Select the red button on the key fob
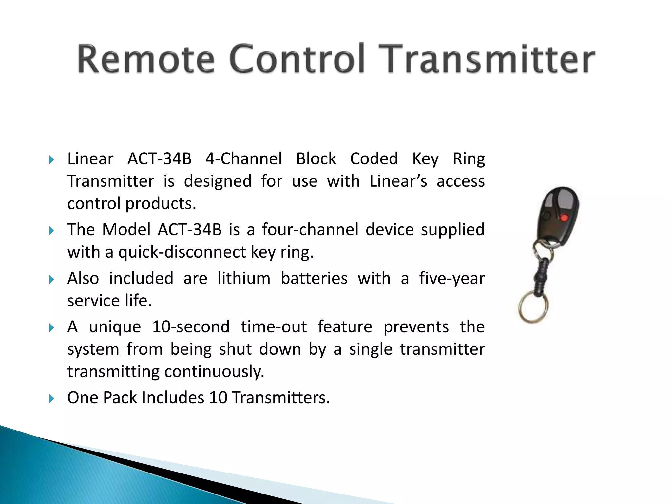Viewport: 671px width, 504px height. tap(564, 217)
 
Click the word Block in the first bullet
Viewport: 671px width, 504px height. tap(316, 159)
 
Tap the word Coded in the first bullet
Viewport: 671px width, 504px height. tap(374, 159)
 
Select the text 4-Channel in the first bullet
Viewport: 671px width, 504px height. tap(243, 159)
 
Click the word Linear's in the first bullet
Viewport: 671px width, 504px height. tap(398, 181)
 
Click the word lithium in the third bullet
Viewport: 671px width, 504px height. tap(244, 278)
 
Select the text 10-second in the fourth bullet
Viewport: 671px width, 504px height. tap(191, 327)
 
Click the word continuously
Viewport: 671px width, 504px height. tap(214, 371)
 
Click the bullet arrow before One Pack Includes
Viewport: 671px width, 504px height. tap(51, 399)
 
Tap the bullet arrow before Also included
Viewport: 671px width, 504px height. tap(51, 279)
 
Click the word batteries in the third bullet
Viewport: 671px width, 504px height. tap(314, 278)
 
